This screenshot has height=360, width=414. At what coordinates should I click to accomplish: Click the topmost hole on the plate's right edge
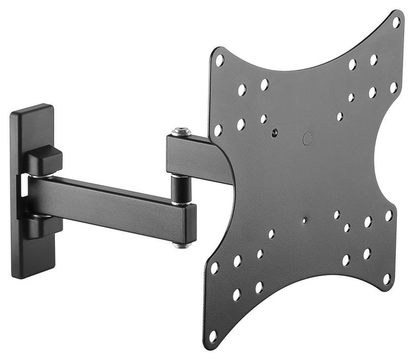tap(396, 22)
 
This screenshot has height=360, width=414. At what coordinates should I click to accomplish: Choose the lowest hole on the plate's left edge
tap(213, 335)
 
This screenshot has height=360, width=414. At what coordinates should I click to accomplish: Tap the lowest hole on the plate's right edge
tap(387, 279)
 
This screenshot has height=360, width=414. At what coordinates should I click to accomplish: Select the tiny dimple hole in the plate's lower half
tap(304, 221)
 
